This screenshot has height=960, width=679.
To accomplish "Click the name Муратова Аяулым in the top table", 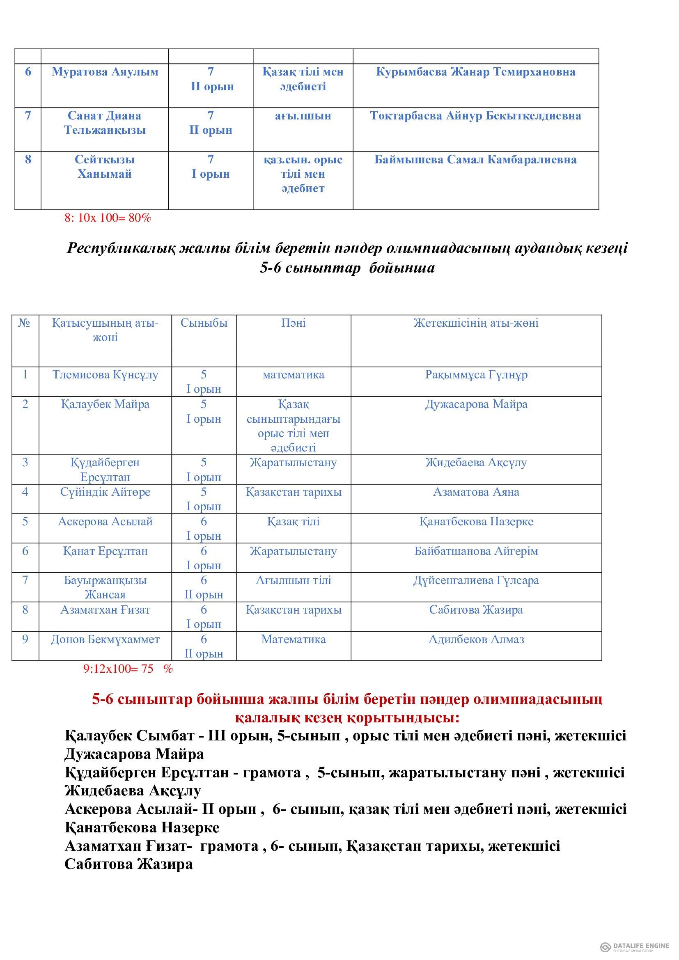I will point(105,72).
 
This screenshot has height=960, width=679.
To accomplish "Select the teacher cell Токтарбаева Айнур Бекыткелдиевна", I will point(475,116).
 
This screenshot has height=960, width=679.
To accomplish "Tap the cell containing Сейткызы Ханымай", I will point(105,167).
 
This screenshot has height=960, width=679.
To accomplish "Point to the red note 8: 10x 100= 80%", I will point(108,218).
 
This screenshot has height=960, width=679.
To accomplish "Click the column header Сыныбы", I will point(204,323).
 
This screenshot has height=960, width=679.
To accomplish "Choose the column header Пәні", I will point(293,323).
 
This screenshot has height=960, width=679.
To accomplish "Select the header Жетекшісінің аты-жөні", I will point(476,323).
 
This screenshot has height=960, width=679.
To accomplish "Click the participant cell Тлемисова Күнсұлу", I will point(106,375).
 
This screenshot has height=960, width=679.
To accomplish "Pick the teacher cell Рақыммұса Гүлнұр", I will point(476,375).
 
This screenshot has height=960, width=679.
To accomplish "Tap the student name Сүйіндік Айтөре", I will point(106,492).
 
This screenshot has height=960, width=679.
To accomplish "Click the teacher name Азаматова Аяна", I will point(476,492).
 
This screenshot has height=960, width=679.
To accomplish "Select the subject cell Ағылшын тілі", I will point(294,580).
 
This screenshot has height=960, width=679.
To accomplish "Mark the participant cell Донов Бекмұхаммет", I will point(106,639).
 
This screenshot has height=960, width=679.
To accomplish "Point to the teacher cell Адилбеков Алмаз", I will point(476,639).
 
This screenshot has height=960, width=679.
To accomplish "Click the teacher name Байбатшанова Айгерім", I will point(476,551).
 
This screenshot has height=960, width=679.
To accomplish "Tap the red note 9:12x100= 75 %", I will point(128,669).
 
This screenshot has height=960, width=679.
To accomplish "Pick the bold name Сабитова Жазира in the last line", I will point(128,864).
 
